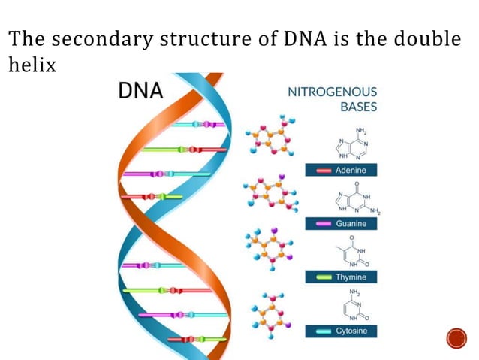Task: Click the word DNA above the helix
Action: point(142,91)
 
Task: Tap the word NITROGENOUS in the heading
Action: point(333,92)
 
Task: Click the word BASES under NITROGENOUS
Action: point(357,107)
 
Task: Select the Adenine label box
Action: point(341,171)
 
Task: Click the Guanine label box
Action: point(341,224)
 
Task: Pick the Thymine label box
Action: point(341,277)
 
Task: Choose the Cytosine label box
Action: point(341,331)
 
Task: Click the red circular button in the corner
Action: point(456,338)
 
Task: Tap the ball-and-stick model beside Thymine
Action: point(268,247)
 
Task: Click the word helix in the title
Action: point(32,65)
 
